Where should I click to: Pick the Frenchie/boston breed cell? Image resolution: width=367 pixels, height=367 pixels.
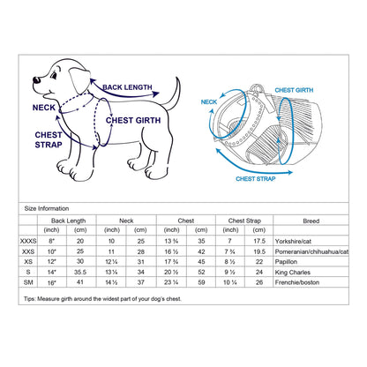[321, 284]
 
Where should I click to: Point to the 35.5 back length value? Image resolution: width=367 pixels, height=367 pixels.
[81, 273]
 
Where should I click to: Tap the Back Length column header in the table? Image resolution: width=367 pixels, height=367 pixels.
[68, 220]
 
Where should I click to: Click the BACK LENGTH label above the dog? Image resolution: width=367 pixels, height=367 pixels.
[127, 87]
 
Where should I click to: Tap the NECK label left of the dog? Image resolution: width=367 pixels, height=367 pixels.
[43, 107]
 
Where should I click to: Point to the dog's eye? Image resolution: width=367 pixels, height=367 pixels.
[47, 72]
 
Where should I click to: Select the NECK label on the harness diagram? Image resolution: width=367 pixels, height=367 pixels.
[209, 102]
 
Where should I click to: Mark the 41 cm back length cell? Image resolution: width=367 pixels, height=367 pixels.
[81, 284]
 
